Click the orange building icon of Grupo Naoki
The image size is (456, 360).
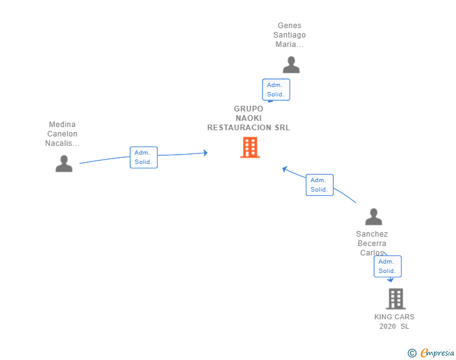pyautogui.click(x=250, y=147)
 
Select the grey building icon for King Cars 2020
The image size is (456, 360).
pyautogui.click(x=396, y=299)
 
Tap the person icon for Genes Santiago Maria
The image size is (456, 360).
pyautogui.click(x=291, y=65)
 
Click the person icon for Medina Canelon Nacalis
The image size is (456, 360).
pyautogui.click(x=64, y=163)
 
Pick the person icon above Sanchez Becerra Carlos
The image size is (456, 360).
pyautogui.click(x=374, y=217)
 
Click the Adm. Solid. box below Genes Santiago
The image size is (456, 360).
pyautogui.click(x=276, y=90)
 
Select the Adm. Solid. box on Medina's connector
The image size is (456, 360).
pyautogui.click(x=143, y=157)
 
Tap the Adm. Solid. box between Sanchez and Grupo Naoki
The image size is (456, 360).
pyautogui.click(x=319, y=185)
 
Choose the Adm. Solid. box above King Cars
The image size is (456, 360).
pyautogui.click(x=387, y=266)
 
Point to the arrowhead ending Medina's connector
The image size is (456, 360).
pyautogui.click(x=205, y=153)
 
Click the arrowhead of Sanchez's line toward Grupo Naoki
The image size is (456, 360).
pyautogui.click(x=285, y=169)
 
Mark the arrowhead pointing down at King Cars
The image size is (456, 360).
pyautogui.click(x=390, y=280)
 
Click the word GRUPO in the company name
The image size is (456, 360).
pyautogui.click(x=249, y=109)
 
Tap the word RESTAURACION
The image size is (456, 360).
pyautogui.click(x=239, y=128)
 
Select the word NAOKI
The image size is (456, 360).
pyautogui.click(x=249, y=118)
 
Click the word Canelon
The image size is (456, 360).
pyautogui.click(x=62, y=134)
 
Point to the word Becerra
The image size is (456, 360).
pyautogui.click(x=372, y=244)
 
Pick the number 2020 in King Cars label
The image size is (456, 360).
pyautogui.click(x=387, y=326)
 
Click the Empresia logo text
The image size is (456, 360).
pyautogui.click(x=437, y=352)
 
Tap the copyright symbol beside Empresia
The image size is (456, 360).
pyautogui.click(x=412, y=353)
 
